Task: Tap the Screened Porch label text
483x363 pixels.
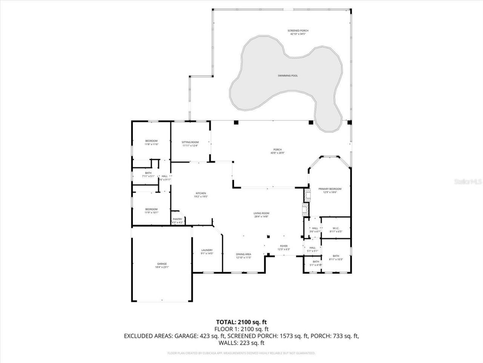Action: tap(298, 31)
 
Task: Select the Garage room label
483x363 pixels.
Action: tap(162, 264)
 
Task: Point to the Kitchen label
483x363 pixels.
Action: tap(200, 193)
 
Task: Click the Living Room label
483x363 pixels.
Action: tap(261, 213)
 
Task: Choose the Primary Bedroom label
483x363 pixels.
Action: tap(330, 189)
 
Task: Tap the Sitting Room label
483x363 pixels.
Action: tap(190, 142)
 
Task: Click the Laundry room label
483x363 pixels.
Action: tap(207, 250)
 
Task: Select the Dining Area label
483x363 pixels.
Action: tap(243, 254)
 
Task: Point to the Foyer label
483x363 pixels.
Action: tap(283, 246)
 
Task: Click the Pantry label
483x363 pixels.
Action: tap(177, 219)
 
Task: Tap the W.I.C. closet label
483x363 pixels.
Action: tap(335, 228)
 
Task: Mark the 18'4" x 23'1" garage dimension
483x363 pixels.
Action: tap(162, 267)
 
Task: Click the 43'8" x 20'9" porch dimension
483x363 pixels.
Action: tap(277, 153)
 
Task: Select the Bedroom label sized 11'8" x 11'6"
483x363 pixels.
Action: tap(151, 141)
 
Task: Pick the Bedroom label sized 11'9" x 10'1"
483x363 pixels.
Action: tap(151, 209)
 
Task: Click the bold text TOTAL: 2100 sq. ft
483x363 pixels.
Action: tap(241, 322)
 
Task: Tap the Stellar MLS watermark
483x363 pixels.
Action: tap(468, 181)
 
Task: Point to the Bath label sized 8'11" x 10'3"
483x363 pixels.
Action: tap(335, 256)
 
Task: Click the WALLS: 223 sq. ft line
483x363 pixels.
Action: tap(241, 343)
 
